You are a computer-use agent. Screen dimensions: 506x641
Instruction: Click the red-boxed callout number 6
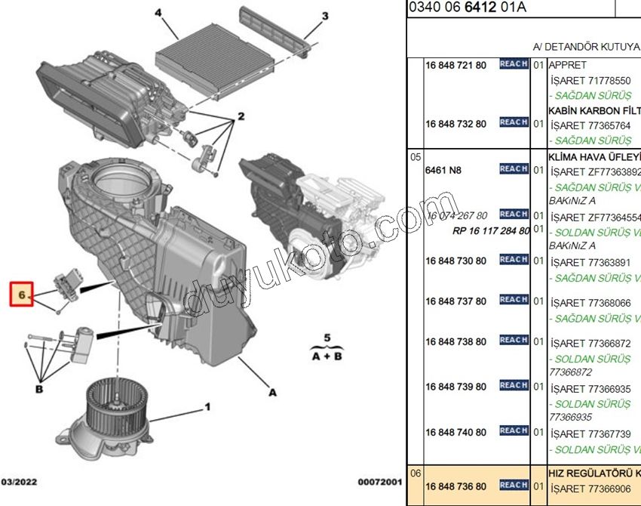pyautogui.click(x=22, y=294)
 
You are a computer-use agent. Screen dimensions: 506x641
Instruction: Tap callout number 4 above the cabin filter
pyautogui.click(x=159, y=14)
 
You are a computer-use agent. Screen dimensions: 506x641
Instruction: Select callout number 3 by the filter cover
pyautogui.click(x=324, y=16)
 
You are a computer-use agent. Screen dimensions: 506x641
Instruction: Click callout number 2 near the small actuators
pyautogui.click(x=241, y=116)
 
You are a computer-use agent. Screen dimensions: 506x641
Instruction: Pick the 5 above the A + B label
pyautogui.click(x=327, y=337)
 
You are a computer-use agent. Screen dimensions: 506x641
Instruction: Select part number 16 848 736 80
pyautogui.click(x=455, y=486)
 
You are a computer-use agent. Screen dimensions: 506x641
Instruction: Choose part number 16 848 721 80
pyautogui.click(x=455, y=66)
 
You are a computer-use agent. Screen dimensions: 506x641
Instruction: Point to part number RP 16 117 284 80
pyautogui.click(x=491, y=230)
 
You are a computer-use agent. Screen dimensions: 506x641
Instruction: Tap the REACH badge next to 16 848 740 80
pyautogui.click(x=514, y=430)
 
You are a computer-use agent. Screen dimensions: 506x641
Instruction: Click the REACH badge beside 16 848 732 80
pyautogui.click(x=514, y=122)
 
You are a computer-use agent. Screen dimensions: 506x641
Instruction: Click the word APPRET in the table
pyautogui.click(x=567, y=66)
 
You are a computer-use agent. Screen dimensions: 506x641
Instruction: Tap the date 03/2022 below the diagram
pyautogui.click(x=19, y=482)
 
